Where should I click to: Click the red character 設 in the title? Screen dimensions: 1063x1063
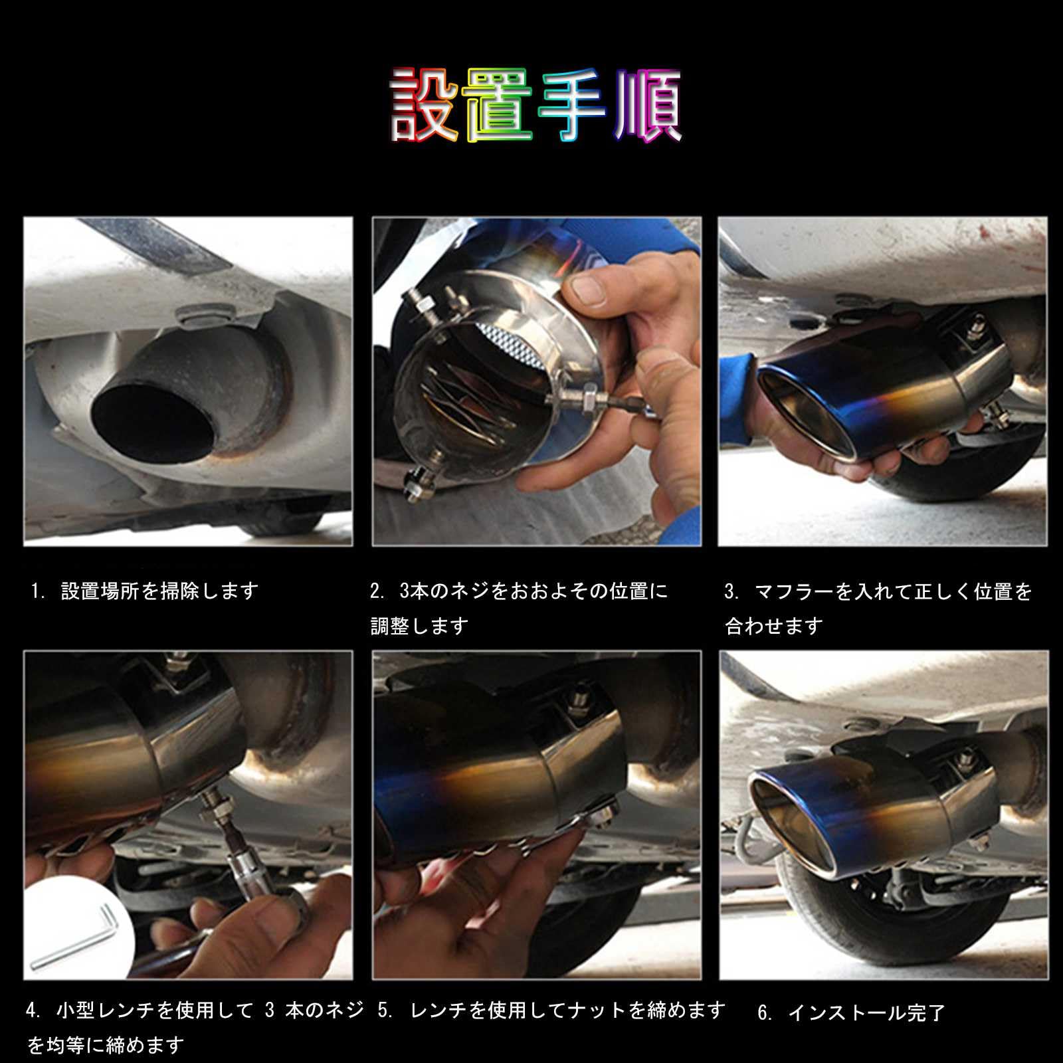pyautogui.click(x=427, y=106)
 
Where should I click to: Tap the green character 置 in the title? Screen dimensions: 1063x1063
pyautogui.click(x=500, y=106)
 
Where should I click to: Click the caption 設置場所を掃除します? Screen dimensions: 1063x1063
pyautogui.click(x=159, y=591)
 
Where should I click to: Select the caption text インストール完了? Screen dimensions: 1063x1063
pyautogui.click(x=866, y=1013)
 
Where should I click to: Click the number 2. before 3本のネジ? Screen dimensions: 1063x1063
pyautogui.click(x=378, y=591)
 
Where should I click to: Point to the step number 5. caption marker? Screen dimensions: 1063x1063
pyautogui.click(x=385, y=1011)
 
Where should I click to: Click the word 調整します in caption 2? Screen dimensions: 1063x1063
pyautogui.click(x=420, y=626)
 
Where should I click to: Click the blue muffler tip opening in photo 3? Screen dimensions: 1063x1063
pyautogui.click(x=807, y=415)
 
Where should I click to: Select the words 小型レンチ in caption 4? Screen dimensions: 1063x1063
pyautogui.click(x=106, y=1011)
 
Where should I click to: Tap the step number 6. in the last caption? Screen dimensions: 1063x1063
pyautogui.click(x=765, y=1013)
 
